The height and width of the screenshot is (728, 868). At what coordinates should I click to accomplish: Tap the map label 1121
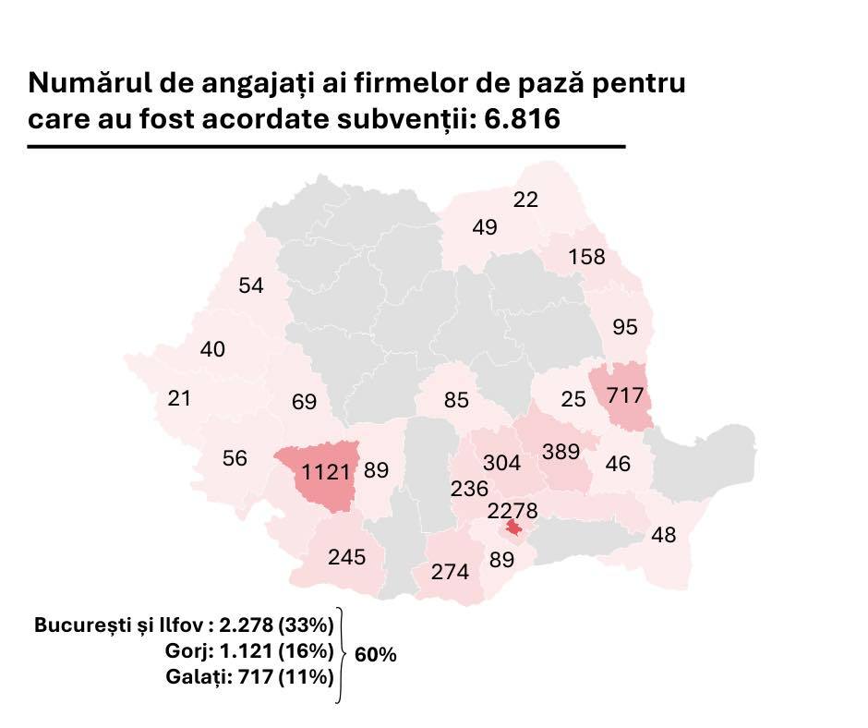326,472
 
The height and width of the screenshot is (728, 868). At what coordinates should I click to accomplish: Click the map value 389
561,452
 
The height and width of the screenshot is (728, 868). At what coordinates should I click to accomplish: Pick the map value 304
502,462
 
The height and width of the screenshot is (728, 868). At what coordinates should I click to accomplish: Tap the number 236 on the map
469,488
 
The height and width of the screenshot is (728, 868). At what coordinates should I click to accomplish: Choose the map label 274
451,572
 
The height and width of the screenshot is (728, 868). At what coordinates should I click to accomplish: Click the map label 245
346,557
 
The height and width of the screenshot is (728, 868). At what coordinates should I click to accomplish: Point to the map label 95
625,327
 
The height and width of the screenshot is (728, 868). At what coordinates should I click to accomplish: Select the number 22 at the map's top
525,200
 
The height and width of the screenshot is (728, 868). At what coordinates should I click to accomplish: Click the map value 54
251,285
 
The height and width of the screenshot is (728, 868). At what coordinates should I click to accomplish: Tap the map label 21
179,398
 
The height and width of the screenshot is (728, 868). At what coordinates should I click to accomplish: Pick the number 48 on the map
663,535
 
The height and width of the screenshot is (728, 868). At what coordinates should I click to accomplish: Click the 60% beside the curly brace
376,655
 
